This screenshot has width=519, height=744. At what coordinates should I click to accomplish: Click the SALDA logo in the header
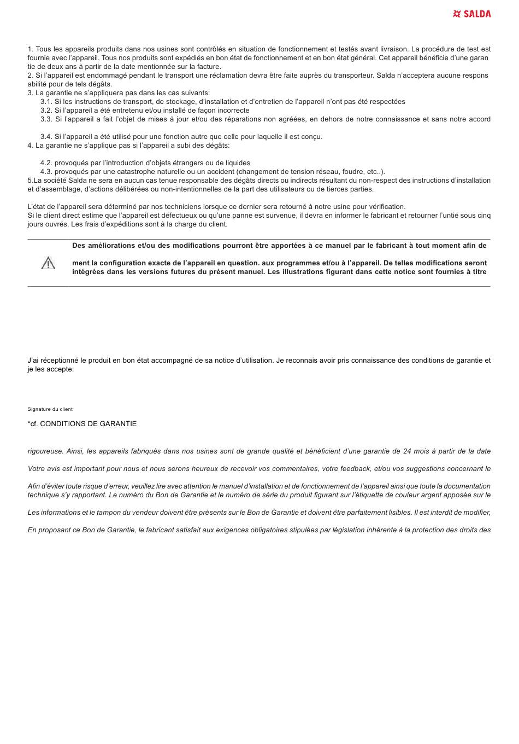pyautogui.click(x=472, y=14)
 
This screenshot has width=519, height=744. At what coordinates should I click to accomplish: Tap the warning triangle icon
pyautogui.click(x=48, y=263)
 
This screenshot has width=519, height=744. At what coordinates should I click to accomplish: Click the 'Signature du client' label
pyautogui.click(x=50, y=409)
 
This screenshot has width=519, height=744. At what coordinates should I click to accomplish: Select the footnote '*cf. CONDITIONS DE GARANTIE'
pyautogui.click(x=82, y=424)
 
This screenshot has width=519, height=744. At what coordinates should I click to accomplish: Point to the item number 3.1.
pyautogui.click(x=46, y=102)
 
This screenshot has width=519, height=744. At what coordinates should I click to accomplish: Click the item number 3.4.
pyautogui.click(x=46, y=137)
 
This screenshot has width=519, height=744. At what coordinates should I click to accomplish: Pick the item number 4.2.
pyautogui.click(x=46, y=163)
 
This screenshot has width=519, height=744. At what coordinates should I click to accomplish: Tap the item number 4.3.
pyautogui.click(x=46, y=172)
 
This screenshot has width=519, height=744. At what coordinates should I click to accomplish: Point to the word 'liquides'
pyautogui.click(x=236, y=163)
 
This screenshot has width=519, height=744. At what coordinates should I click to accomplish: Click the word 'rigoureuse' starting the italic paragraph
pyautogui.click(x=45, y=451)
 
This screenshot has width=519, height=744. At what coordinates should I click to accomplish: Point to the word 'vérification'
pyautogui.click(x=386, y=207)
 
